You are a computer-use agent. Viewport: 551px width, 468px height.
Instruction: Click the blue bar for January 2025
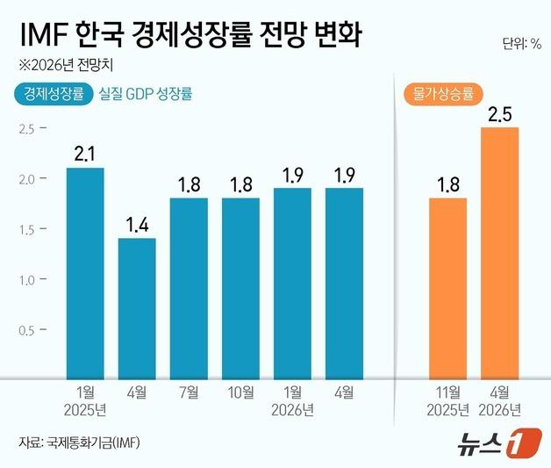pos(85,273)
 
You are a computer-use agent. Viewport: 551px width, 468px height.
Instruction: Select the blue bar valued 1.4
pos(137,308)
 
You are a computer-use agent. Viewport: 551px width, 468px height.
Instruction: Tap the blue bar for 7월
pos(189,288)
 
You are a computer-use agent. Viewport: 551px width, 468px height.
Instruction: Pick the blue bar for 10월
pos(240,288)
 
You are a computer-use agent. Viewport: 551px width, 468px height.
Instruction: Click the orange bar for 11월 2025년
pos(448,288)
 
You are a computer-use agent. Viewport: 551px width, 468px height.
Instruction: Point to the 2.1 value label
pos(85,155)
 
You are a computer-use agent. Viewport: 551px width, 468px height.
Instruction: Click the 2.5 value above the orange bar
pos(500,114)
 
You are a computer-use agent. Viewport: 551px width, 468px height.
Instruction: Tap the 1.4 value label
pos(137,225)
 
